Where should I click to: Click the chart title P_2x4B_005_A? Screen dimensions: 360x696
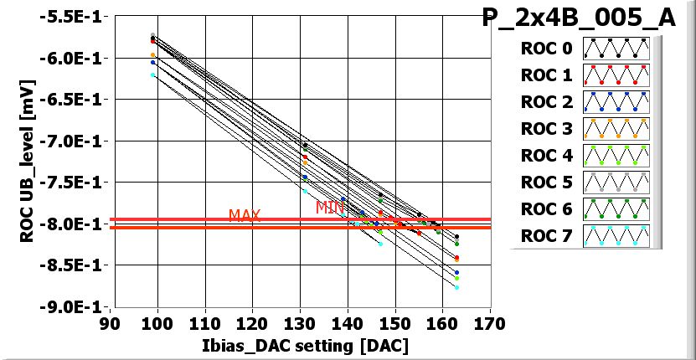579,18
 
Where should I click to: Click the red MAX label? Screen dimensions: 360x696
245,216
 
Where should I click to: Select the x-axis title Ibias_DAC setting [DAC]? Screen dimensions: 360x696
300,346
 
